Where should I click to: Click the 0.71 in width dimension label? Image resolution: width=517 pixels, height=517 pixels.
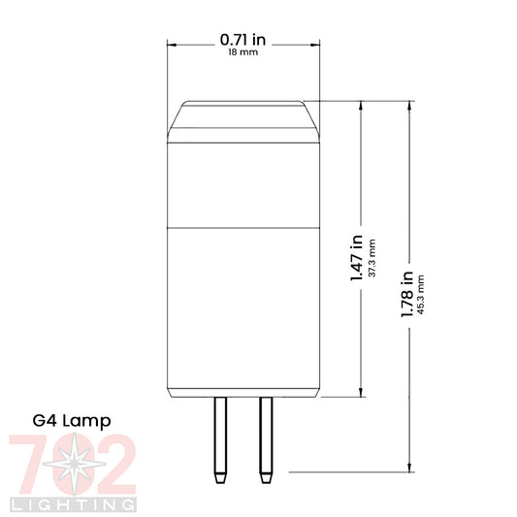tap(242, 40)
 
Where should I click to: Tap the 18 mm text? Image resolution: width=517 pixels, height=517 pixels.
tap(243, 52)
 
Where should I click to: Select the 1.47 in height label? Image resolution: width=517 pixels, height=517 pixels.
tap(356, 258)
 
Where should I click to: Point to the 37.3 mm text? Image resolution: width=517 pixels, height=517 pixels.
tap(372, 258)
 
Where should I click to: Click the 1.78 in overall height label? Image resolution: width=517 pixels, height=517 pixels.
tap(406, 294)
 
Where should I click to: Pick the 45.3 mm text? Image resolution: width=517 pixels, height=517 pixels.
tap(420, 295)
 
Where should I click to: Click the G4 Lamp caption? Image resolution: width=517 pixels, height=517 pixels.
tap(72, 421)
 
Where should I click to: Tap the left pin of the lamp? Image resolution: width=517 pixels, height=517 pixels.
tap(220, 439)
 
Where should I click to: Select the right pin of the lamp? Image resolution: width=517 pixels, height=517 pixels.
tap(266, 439)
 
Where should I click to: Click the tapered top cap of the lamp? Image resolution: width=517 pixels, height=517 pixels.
tap(243, 121)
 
